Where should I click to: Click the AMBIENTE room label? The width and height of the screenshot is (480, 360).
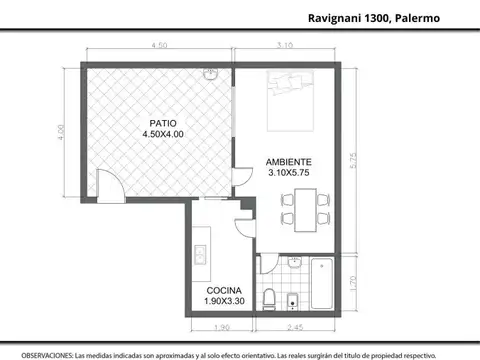click(x=288, y=161)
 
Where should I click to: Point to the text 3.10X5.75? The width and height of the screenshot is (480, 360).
click(x=288, y=172)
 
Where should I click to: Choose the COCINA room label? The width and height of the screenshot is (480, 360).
click(x=213, y=290)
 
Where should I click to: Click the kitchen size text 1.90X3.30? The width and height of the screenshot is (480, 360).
click(x=213, y=301)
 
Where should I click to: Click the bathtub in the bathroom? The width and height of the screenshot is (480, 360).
click(x=322, y=284)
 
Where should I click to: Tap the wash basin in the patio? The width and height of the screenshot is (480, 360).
click(x=211, y=75)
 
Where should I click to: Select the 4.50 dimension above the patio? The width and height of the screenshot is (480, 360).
click(x=158, y=46)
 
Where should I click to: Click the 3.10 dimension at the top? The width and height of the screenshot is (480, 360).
click(x=285, y=46)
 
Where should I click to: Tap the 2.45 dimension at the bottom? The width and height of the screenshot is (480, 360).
click(x=297, y=327)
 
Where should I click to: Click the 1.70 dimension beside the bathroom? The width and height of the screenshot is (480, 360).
click(x=369, y=283)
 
